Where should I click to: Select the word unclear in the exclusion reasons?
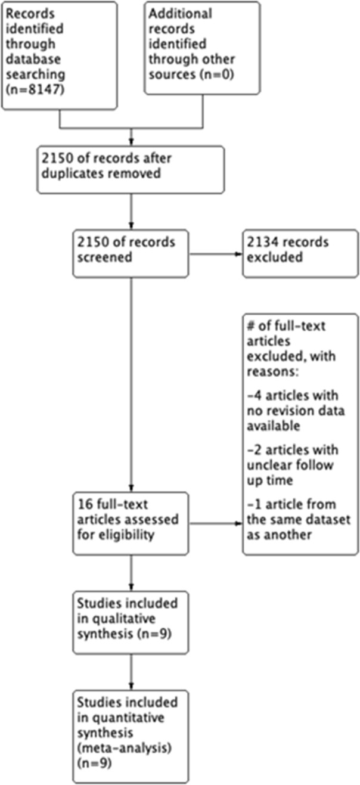268,465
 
